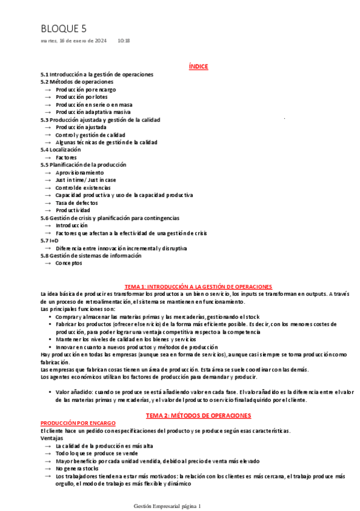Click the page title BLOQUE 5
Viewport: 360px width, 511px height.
click(x=64, y=28)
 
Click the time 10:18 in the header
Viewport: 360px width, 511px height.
click(x=124, y=40)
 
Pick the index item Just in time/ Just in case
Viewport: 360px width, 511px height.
click(x=86, y=180)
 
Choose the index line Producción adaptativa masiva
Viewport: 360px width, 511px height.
click(x=93, y=111)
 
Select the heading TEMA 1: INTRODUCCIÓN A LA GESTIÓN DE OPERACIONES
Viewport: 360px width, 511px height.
click(x=198, y=286)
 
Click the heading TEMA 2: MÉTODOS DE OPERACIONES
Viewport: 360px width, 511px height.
click(x=198, y=415)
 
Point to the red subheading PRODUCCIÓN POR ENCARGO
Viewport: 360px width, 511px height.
click(x=78, y=423)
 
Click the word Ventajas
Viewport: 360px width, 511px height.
click(x=52, y=438)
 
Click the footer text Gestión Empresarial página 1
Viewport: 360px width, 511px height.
click(x=167, y=506)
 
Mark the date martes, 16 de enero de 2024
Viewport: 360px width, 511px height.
click(x=73, y=40)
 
